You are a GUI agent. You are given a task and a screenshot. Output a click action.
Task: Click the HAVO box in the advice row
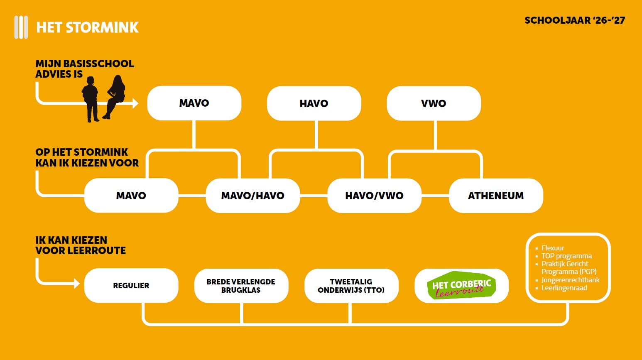point(314,103)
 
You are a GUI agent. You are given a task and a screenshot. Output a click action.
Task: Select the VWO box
point(434,103)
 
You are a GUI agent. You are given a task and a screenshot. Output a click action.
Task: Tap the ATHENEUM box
point(496,196)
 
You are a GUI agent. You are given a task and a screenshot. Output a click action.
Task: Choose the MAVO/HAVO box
point(252,196)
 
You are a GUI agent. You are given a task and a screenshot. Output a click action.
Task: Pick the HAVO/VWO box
point(374,196)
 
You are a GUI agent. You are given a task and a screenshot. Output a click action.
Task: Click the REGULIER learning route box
point(131,286)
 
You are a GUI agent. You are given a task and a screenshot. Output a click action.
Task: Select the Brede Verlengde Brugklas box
point(241,286)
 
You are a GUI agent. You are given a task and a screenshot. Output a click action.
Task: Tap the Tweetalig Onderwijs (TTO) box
point(351,286)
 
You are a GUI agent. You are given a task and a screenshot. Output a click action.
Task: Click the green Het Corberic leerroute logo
point(461,286)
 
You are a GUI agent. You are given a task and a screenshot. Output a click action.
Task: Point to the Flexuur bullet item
point(553,248)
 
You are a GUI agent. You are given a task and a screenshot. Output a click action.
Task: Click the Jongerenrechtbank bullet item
point(570,280)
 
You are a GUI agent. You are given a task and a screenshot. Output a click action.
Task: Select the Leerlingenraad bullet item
point(564,288)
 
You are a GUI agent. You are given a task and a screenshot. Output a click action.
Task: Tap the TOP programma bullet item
point(566,256)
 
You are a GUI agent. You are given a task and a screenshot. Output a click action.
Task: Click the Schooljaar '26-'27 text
point(574,20)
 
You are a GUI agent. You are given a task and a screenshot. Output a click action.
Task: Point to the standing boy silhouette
point(91,99)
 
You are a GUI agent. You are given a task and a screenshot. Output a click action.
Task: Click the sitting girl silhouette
point(115,96)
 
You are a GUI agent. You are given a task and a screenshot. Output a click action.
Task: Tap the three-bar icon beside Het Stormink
point(21,27)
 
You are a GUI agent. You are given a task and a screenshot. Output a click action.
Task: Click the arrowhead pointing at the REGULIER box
point(76,284)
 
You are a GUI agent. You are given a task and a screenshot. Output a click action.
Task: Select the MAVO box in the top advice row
point(194,103)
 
